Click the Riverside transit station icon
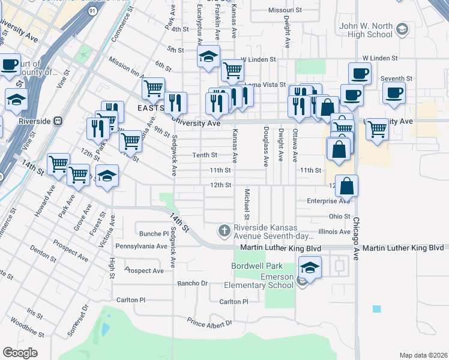[58, 120]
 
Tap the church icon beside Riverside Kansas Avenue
[224, 230]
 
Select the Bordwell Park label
[256, 266]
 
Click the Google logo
[20, 353]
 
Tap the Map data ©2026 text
[423, 355]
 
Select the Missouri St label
[285, 11]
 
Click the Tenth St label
[205, 155]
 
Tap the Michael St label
[247, 204]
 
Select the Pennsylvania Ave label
[141, 246]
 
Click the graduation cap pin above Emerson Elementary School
[310, 267]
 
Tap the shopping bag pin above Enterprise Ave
[347, 186]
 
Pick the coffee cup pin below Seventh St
[394, 93]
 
